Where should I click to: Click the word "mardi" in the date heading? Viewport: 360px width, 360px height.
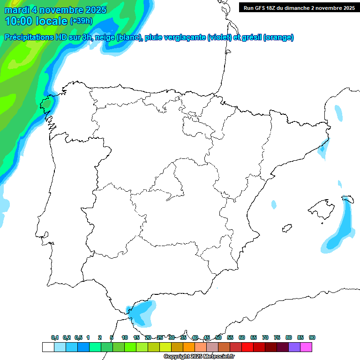pos(17,10)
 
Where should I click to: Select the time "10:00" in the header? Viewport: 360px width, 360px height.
pos(18,21)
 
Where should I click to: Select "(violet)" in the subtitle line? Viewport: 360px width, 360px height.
pos(219,37)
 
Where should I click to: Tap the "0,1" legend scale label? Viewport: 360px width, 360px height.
pos(55,337)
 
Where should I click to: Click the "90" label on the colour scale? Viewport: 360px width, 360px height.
pos(312,337)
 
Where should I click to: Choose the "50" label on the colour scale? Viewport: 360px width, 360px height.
pos(218,337)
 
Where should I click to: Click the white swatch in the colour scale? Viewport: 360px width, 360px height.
pos(48,347)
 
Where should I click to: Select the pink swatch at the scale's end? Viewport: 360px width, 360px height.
pos(306,347)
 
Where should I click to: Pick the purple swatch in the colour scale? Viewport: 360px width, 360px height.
pos(294,347)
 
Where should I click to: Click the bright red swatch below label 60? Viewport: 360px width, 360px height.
pos(247,347)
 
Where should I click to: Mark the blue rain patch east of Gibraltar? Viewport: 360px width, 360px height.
pos(142,312)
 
